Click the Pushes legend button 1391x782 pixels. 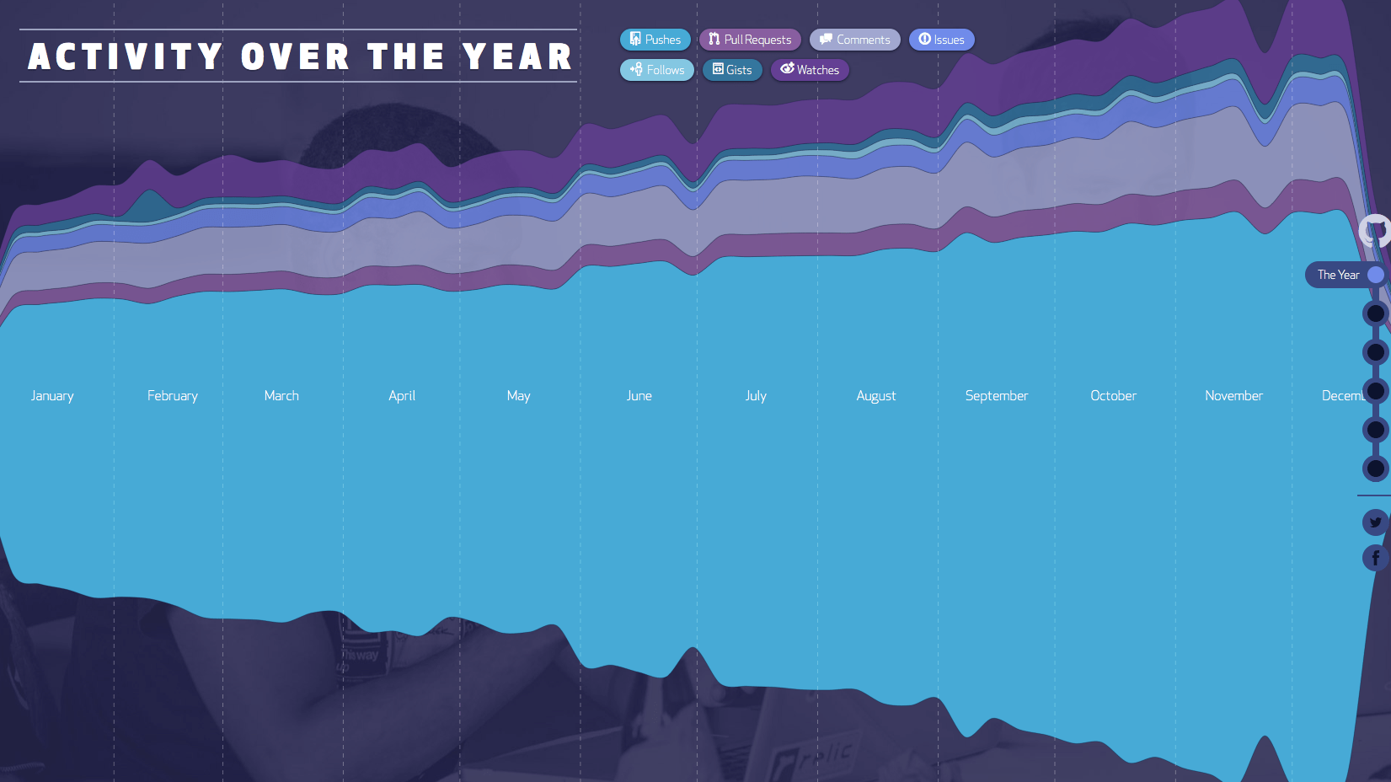click(x=655, y=40)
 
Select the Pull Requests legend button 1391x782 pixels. click(x=750, y=40)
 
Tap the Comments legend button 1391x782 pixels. click(x=854, y=40)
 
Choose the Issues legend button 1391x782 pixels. click(x=941, y=40)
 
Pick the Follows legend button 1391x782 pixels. click(x=657, y=70)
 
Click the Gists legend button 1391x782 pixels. click(x=732, y=70)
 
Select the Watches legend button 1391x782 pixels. click(x=810, y=70)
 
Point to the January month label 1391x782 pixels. click(x=52, y=396)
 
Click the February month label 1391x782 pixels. click(x=173, y=396)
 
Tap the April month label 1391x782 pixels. click(x=402, y=396)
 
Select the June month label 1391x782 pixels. click(x=639, y=396)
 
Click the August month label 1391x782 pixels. click(x=876, y=396)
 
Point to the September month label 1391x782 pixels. click(x=997, y=396)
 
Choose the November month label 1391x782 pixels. click(x=1233, y=396)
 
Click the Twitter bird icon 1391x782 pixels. click(x=1376, y=522)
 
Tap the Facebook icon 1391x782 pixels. click(x=1376, y=558)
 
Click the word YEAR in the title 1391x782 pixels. click(x=517, y=57)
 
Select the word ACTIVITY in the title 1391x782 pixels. click(x=126, y=57)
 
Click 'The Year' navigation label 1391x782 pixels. click(x=1338, y=275)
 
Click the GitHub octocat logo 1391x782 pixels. click(x=1377, y=230)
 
